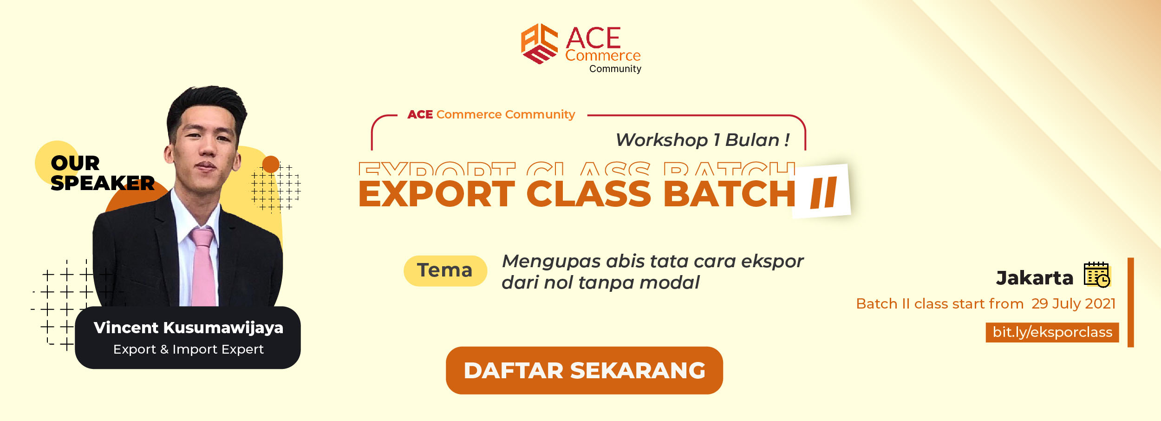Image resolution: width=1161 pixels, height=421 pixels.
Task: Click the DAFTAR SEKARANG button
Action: click(x=584, y=370)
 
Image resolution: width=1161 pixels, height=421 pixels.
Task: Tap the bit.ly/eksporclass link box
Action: click(x=1052, y=332)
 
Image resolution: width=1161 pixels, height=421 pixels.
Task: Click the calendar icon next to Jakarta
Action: click(x=1097, y=275)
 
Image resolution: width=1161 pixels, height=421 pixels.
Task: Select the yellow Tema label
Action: click(x=445, y=270)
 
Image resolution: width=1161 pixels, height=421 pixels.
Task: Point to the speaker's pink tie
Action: click(x=204, y=267)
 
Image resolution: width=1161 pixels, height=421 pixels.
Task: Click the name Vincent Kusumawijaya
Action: click(x=189, y=328)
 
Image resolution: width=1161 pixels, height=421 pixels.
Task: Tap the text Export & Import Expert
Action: click(x=189, y=349)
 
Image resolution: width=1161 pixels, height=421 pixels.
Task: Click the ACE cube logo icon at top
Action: click(x=539, y=44)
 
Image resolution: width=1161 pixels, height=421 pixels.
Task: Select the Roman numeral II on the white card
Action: click(x=823, y=192)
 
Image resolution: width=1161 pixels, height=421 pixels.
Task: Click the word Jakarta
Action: click(x=1035, y=278)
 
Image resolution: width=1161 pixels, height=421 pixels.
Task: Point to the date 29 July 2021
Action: click(x=1073, y=303)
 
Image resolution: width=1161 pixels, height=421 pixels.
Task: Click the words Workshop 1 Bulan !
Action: click(x=703, y=140)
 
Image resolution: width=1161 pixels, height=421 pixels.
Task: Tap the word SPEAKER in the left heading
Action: click(x=102, y=183)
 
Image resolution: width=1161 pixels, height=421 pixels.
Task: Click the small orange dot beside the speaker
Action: click(x=271, y=164)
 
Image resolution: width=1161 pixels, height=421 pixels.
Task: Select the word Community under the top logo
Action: click(x=615, y=69)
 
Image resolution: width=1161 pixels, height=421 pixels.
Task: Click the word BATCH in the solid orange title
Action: click(x=730, y=194)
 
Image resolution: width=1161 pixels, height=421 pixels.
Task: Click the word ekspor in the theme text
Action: click(x=772, y=262)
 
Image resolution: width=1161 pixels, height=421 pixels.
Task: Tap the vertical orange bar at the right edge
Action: click(x=1131, y=303)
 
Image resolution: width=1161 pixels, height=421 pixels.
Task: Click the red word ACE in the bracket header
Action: click(x=420, y=114)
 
